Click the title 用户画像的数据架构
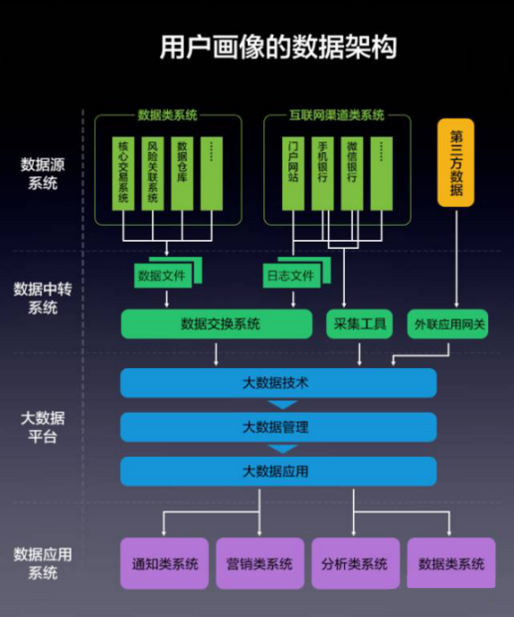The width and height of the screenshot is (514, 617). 277,47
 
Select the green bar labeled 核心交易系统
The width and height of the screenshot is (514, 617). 123,173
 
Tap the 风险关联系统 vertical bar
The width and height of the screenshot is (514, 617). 152,173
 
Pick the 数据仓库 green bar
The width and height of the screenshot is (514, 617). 182,173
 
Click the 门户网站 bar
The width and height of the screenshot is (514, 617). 293,173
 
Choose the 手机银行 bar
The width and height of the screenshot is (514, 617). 323,173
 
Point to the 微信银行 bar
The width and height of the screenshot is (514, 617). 352,173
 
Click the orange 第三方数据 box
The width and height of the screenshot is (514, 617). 456,162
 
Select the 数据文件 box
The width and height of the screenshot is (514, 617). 163,276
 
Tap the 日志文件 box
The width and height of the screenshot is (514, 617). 291,276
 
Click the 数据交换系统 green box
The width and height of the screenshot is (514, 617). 217,323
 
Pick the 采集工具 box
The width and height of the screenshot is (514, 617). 359,323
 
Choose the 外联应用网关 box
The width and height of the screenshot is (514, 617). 447,323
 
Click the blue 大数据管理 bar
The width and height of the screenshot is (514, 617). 278,427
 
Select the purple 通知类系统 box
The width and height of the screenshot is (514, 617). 164,563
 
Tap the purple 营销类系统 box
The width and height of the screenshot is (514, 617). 259,563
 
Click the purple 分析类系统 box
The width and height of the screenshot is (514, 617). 356,563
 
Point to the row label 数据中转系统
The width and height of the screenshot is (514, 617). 43,299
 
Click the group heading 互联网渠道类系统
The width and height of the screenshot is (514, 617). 337,114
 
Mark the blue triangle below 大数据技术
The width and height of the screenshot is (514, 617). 282,404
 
